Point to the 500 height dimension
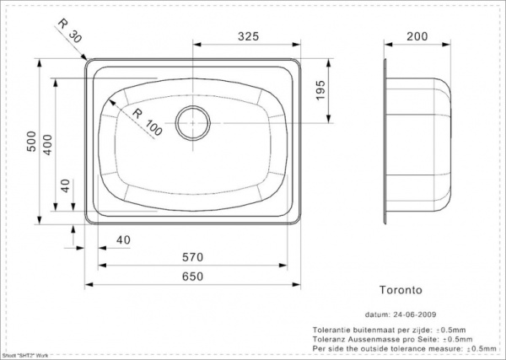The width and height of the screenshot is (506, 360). [x=32, y=145]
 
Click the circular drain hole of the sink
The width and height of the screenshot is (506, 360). [x=193, y=121]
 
